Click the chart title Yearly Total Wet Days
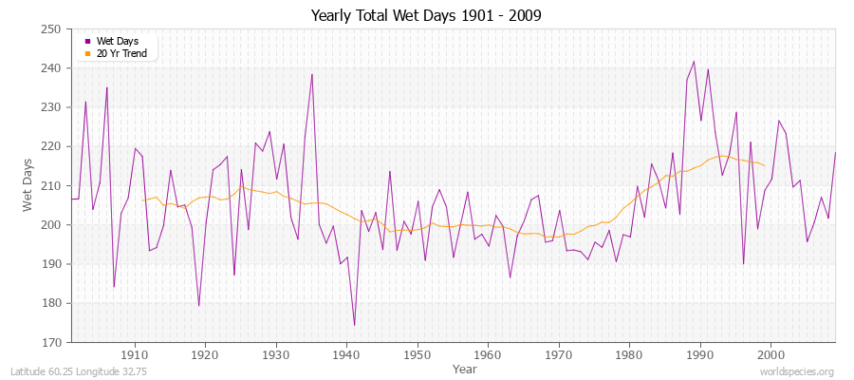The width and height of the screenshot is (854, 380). tap(426, 16)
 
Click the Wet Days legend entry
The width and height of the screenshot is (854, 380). tap(117, 41)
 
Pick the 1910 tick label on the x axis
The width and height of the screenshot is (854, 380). tap(135, 355)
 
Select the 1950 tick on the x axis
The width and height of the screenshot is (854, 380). tap(417, 355)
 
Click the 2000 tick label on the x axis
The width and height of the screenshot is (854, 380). tap(770, 355)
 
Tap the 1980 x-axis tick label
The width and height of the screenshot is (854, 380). tap(629, 355)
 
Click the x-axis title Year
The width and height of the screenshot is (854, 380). tap(465, 369)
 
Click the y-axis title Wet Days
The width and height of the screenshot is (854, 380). tap(29, 185)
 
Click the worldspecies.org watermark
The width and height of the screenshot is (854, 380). tap(796, 372)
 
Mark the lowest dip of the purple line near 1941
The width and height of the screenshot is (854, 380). tap(354, 325)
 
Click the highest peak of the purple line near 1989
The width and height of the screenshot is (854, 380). tap(694, 62)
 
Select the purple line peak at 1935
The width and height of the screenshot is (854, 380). tap(311, 74)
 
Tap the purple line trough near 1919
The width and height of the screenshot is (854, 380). tap(198, 305)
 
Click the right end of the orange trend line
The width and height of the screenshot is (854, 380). tap(764, 166)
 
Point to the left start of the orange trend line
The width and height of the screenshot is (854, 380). tap(142, 199)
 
